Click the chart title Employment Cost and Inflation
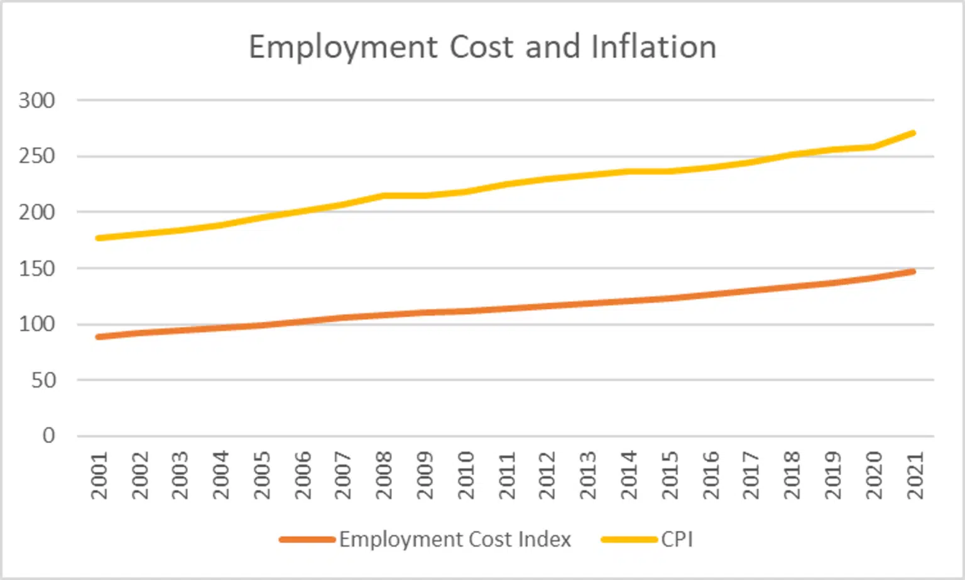coord(482,47)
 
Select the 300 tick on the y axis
coord(37,101)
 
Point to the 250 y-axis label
coord(37,156)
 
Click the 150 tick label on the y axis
coord(37,268)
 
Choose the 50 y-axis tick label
coord(43,380)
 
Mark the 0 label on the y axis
coord(49,435)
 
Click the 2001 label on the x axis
coord(99,475)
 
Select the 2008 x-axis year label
coord(384,475)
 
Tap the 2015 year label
coord(670,475)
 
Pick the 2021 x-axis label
coord(915,475)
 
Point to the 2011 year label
coord(506,475)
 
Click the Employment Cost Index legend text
coord(455,539)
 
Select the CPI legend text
coord(677,539)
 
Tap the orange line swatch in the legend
coord(307,539)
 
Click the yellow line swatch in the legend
coord(629,539)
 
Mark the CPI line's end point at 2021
coord(912,133)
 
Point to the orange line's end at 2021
coord(912,271)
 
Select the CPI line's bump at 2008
coord(384,195)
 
